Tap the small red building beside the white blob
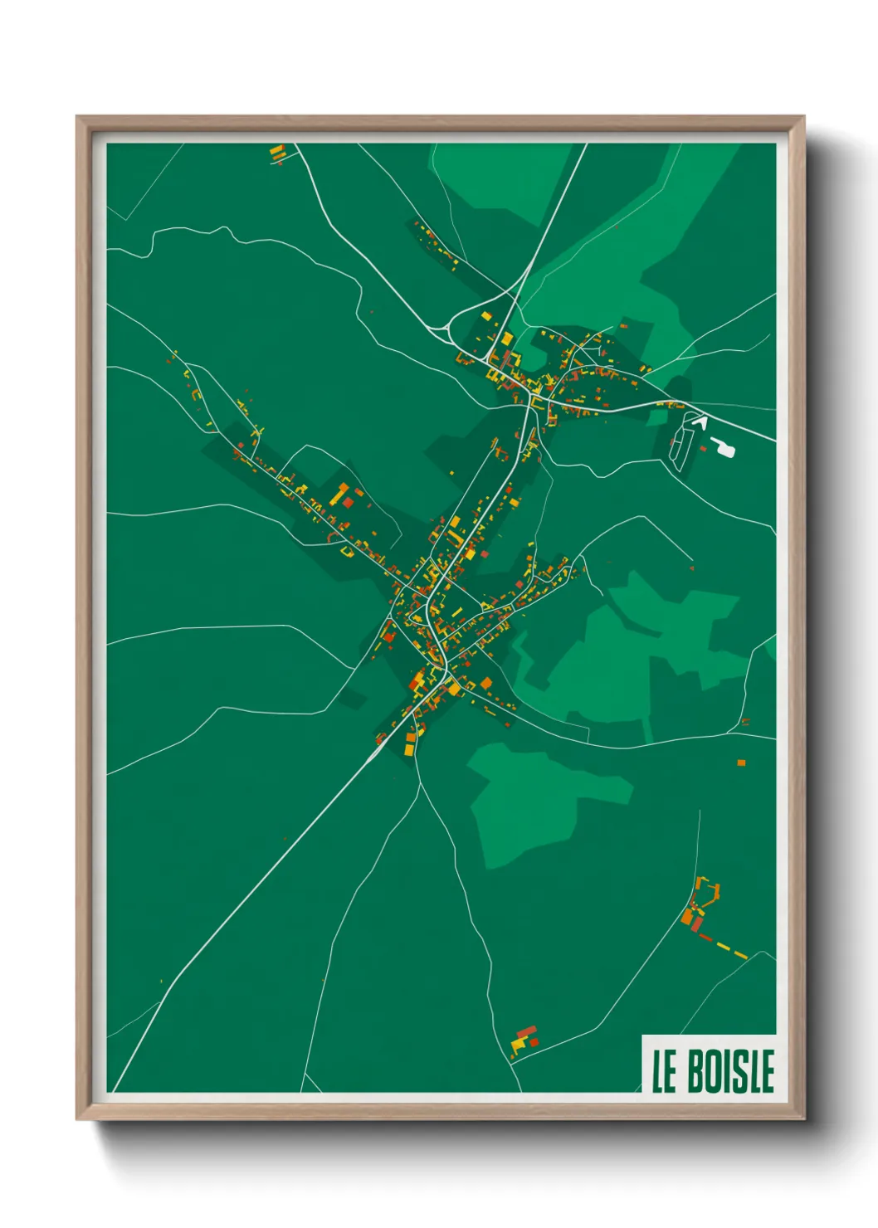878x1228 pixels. (704, 449)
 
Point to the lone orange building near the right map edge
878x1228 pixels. (741, 762)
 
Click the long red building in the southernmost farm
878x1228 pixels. (526, 1031)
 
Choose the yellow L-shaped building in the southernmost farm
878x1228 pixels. (518, 1045)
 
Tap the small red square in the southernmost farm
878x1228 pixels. (534, 1042)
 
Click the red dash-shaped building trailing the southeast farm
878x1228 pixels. (705, 938)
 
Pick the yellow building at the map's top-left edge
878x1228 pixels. (276, 151)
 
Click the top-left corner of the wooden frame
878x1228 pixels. (77, 117)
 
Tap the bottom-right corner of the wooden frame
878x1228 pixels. (803, 1119)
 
